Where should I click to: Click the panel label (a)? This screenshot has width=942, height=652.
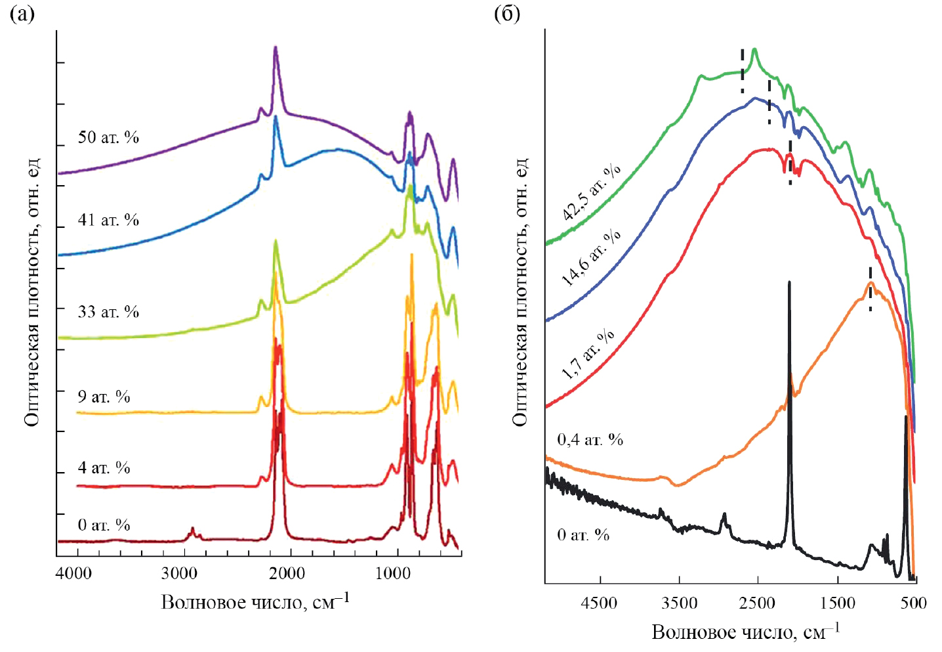point(22,14)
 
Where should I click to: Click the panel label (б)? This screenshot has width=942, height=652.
point(506,14)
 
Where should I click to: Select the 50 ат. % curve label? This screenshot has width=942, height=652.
point(108,137)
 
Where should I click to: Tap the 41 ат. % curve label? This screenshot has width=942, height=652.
point(108,220)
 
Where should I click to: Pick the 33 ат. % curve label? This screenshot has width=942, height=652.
point(108,311)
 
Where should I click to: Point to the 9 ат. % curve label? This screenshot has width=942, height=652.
point(104,397)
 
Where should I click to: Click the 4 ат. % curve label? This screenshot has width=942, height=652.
point(104,468)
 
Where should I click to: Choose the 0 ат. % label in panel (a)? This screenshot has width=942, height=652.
point(104,525)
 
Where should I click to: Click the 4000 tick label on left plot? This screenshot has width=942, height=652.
point(73,573)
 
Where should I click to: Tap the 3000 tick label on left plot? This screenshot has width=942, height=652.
point(179,573)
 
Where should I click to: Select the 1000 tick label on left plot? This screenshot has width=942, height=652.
point(393,573)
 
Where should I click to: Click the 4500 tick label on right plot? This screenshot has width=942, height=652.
point(600,602)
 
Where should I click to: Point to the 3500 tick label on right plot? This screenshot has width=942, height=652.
point(679,602)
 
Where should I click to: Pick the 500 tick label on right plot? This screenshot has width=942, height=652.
point(913,602)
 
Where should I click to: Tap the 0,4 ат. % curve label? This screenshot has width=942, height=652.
point(590,439)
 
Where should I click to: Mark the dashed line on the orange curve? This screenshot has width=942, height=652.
point(870,289)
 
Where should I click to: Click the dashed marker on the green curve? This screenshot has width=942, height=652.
point(743,70)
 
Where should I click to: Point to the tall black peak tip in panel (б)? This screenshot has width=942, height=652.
point(789,283)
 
